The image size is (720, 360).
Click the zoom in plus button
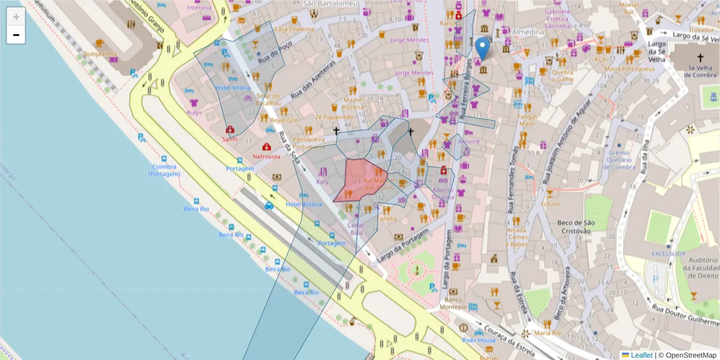pos(16,17)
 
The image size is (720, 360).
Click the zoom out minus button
pos(16,35)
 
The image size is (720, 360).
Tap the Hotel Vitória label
pos(233,88)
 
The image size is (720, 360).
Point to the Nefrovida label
pos(266,156)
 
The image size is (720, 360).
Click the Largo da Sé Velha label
pos(658,51)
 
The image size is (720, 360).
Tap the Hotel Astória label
pos(304,205)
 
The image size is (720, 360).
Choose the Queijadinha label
pos(100,53)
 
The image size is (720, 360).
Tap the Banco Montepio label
pos(454,303)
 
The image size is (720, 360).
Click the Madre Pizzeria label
pos(353,103)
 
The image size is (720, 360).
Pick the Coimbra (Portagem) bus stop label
pos(164,170)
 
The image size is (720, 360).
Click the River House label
pos(479,340)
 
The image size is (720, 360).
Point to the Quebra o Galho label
pos(562,76)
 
